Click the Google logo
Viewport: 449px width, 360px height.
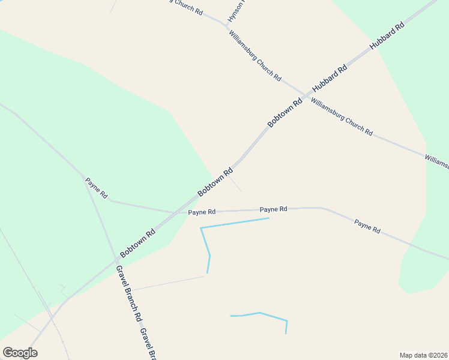tap(20, 352)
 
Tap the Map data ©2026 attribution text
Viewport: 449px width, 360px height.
tap(424, 355)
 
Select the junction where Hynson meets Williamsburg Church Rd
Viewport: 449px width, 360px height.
tap(227, 25)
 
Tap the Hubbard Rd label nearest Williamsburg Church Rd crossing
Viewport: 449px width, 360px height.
tap(334, 77)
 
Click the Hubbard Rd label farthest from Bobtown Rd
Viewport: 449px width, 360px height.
tap(387, 36)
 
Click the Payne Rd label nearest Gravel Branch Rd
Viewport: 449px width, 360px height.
tap(96, 188)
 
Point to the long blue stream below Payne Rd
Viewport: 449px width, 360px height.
tap(234, 223)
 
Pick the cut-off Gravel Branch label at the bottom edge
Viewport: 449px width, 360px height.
tap(148, 344)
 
